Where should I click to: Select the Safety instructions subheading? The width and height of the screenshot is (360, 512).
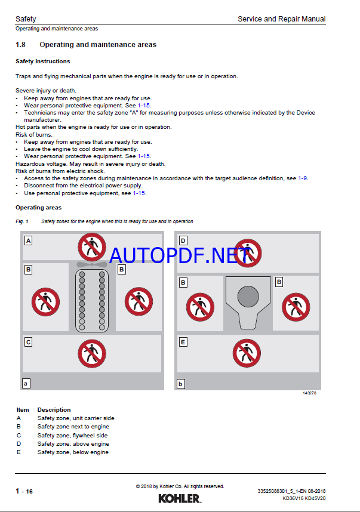42,61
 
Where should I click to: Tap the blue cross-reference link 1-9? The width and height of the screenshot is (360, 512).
303,178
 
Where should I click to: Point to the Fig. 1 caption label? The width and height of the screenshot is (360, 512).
22,221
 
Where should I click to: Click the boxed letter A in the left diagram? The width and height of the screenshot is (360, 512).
28,241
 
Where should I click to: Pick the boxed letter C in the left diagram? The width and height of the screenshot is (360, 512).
28,343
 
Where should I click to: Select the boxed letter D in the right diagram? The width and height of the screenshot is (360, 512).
183,241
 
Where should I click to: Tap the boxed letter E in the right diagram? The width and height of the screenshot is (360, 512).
183,342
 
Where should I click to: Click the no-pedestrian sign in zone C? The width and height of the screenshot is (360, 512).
91,353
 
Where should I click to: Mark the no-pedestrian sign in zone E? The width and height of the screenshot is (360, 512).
246,353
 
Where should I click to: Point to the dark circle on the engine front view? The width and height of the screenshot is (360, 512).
247,297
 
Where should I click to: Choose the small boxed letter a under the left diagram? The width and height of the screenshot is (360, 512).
26,384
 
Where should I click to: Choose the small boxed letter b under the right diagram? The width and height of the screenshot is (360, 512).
181,384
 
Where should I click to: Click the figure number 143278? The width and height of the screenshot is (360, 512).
309,394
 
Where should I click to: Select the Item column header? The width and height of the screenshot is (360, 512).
23,410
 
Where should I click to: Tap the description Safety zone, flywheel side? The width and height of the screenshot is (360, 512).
72,435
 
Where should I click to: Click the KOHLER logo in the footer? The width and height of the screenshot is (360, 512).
180,498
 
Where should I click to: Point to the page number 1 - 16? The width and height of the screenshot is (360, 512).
24,491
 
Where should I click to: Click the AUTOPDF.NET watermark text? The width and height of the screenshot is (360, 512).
179,255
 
